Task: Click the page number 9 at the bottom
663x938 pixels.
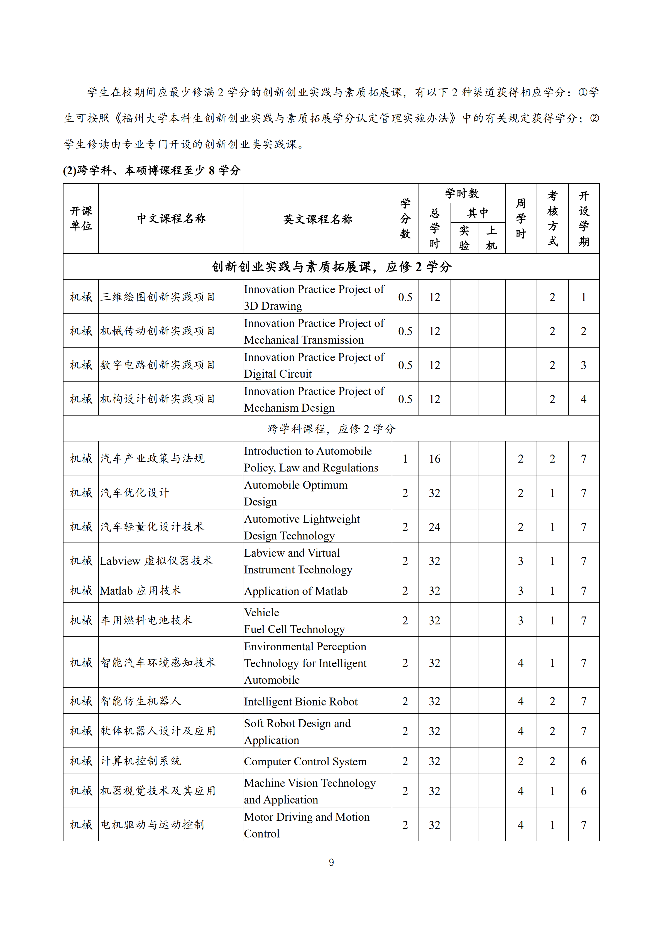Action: pos(331,863)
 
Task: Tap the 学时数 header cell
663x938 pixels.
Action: pos(462,193)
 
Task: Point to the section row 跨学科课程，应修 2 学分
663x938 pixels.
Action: pos(331,429)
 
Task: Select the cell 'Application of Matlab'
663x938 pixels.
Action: pos(296,591)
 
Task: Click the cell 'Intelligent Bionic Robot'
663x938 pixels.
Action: pos(301,702)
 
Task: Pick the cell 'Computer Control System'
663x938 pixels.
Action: pos(305,761)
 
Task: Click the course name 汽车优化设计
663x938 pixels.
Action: pos(134,493)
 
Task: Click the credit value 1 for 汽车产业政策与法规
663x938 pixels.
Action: pos(405,459)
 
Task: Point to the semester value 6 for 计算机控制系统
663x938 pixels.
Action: pos(583,761)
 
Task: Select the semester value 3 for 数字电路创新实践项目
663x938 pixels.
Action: pos(583,365)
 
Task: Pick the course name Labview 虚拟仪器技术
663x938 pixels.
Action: pos(156,561)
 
